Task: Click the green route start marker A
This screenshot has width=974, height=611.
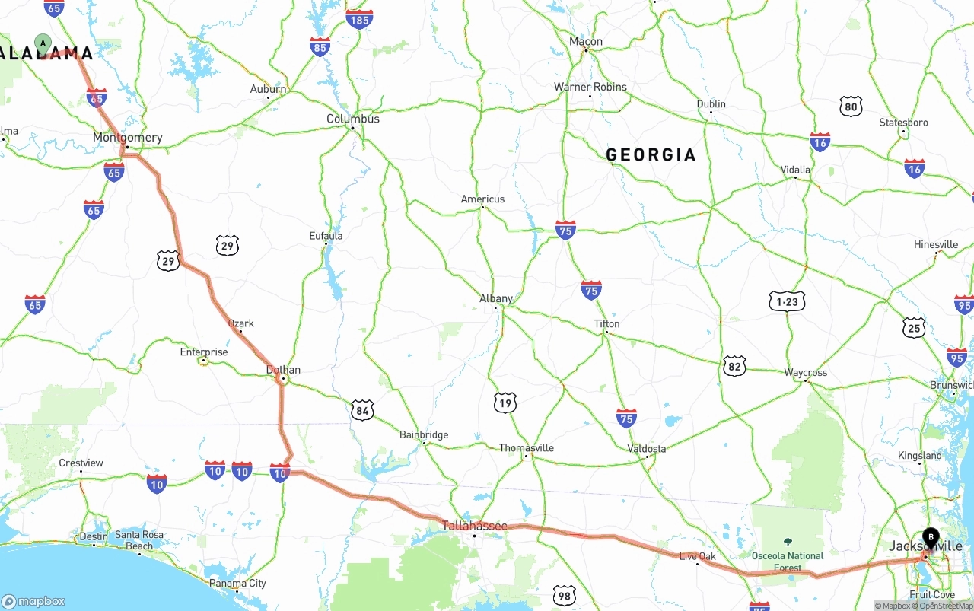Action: pos(43,43)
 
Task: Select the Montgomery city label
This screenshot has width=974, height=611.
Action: pos(128,138)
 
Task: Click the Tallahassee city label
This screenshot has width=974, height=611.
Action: pos(475,526)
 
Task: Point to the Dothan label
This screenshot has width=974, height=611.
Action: pos(283,370)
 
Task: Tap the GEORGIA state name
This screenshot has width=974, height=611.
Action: pos(651,155)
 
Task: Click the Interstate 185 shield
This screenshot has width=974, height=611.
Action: pos(359,19)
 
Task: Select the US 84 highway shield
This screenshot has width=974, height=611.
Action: pos(363,411)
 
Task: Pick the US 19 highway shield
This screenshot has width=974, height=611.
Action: pos(505,403)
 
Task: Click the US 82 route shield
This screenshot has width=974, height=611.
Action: pos(734,366)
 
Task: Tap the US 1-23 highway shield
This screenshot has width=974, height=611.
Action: pos(787,301)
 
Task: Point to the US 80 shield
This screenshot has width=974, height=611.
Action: pos(851,107)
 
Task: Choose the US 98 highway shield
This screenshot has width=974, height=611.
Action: pos(564,595)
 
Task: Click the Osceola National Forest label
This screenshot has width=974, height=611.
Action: pos(788,562)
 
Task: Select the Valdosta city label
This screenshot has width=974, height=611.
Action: pos(647,448)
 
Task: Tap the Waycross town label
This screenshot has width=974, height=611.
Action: pos(806,372)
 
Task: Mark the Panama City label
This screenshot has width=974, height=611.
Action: pos(238,584)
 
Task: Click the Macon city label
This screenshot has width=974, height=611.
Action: pos(586,42)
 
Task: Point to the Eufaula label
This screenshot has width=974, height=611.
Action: pos(326,236)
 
